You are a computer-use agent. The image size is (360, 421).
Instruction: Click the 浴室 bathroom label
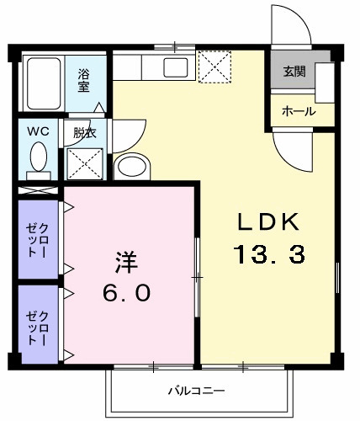tap(85, 79)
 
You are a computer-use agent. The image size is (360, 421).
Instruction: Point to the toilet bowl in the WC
tap(38, 157)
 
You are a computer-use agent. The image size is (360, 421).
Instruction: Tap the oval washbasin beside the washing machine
tap(130, 166)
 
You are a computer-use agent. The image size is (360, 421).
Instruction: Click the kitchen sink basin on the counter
tap(177, 67)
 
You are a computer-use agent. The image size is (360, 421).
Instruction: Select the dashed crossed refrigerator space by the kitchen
tap(214, 64)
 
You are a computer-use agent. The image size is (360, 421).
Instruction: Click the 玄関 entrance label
tap(294, 72)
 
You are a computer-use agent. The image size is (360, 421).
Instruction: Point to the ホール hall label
tap(298, 111)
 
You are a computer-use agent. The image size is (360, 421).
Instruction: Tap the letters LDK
tap(267, 223)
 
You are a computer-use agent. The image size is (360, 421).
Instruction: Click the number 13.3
tap(268, 253)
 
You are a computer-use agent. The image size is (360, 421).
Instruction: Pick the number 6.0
tap(128, 292)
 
